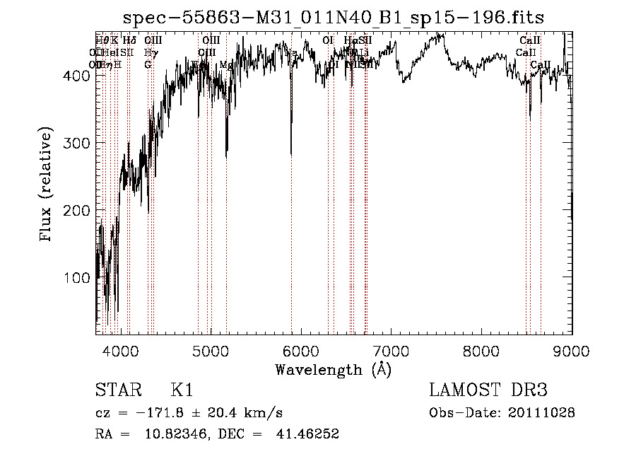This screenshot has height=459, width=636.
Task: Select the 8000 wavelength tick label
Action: pos(481,350)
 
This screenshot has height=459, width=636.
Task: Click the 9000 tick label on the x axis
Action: pos(571,350)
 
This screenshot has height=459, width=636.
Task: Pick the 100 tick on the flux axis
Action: pos(81,278)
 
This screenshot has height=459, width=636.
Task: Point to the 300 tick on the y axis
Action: pos(81,143)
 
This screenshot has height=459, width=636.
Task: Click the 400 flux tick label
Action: pos(81,76)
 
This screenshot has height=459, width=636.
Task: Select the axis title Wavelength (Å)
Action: pos(334,369)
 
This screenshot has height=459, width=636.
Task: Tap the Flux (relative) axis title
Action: pos(47,185)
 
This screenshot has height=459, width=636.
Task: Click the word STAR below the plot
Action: pos(118,390)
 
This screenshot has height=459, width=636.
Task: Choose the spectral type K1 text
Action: pos(182,390)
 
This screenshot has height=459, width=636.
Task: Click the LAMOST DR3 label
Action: pos(488,390)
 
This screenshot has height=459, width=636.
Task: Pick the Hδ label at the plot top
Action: pos(129,41)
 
